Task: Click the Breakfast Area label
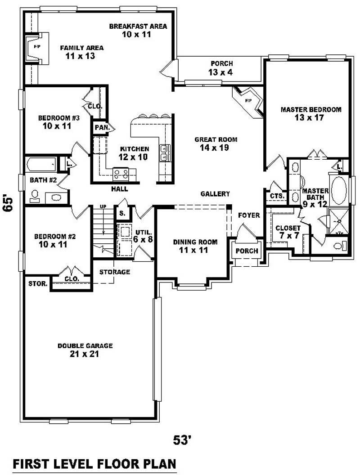tap(138, 30)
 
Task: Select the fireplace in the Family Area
tap(35, 47)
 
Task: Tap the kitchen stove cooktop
tap(121, 172)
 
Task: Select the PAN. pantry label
tap(101, 128)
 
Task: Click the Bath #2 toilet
tap(34, 195)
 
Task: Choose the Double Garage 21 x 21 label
tap(85, 350)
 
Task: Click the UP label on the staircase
tap(103, 206)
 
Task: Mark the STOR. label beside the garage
tap(36, 284)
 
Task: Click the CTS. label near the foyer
tap(276, 196)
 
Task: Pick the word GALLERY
tap(215, 194)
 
